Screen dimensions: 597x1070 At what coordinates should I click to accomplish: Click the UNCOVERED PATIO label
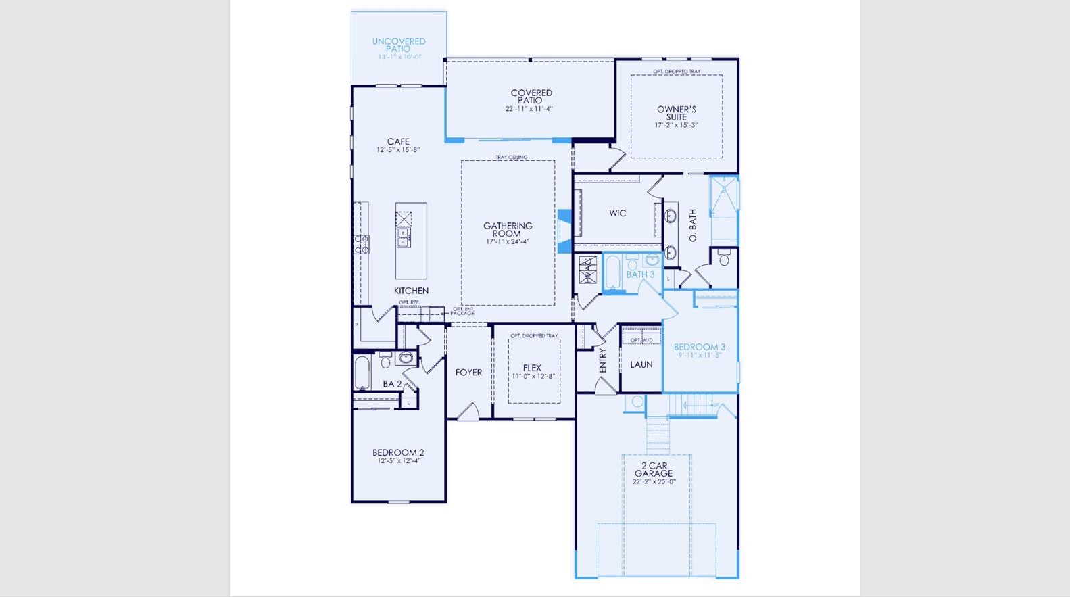[399, 45]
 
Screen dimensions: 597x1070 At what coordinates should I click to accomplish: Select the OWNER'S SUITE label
[676, 113]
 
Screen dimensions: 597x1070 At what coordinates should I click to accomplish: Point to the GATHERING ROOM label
[508, 230]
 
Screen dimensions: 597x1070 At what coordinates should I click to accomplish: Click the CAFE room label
[398, 142]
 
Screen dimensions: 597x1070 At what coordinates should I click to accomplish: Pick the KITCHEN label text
[411, 291]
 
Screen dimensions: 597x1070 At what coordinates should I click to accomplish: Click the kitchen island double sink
[404, 237]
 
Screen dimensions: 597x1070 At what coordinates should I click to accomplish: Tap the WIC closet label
[617, 214]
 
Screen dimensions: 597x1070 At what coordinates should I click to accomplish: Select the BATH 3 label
[640, 274]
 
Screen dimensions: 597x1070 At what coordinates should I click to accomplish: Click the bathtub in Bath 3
[613, 273]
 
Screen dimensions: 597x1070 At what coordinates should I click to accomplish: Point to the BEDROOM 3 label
[699, 347]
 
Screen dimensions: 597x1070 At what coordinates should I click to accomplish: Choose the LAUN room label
[641, 364]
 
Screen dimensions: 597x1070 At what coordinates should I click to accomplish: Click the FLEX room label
[532, 368]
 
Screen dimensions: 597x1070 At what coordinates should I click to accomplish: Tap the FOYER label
[468, 373]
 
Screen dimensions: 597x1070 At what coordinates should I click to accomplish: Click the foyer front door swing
[468, 412]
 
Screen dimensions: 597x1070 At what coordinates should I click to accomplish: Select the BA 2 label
[392, 384]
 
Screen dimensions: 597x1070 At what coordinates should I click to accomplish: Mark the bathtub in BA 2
[362, 373]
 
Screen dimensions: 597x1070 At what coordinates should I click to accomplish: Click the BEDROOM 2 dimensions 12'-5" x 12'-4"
[399, 461]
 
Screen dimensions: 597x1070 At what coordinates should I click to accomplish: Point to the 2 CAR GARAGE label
[654, 470]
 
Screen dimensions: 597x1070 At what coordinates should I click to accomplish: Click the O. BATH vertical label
[693, 225]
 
